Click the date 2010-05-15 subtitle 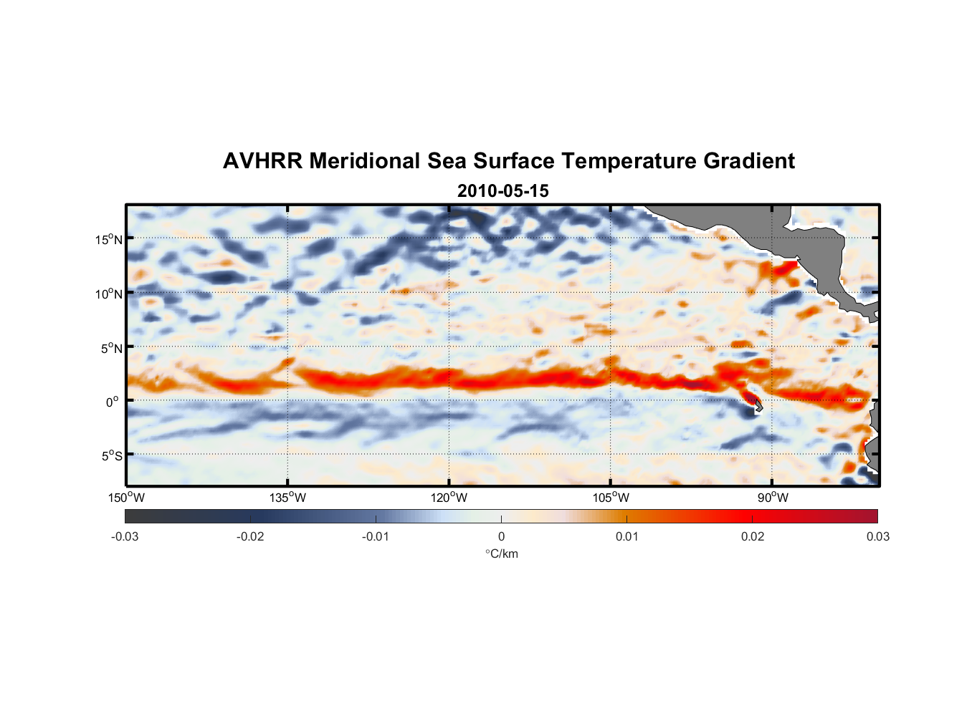[502, 191]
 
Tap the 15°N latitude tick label [109, 240]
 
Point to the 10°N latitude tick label [109, 294]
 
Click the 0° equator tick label [113, 402]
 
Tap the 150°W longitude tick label [127, 498]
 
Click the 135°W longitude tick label [288, 498]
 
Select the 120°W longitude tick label [449, 498]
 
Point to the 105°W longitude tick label [611, 498]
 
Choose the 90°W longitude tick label [773, 498]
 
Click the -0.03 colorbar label [125, 537]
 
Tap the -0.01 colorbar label [376, 537]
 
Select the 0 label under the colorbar [501, 537]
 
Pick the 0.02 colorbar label [753, 537]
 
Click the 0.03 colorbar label [877, 537]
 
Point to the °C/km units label [501, 553]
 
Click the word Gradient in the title [749, 161]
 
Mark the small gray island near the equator [758, 406]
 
